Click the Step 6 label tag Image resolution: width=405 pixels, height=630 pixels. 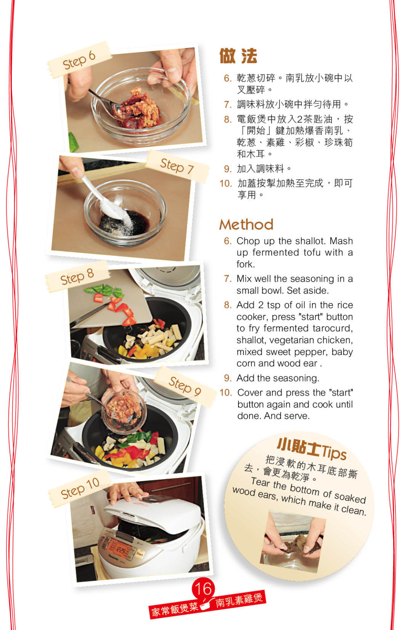(79, 60)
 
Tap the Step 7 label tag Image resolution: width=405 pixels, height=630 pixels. (178, 166)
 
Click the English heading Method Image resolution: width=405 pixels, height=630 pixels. (246, 224)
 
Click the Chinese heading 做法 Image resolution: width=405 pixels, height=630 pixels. (238, 56)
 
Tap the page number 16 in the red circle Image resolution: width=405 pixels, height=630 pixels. (203, 589)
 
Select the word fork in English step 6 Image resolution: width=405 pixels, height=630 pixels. (246, 264)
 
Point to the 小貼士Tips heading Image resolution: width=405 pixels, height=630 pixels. (312, 448)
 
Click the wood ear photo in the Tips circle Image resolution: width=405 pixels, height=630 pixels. (293, 542)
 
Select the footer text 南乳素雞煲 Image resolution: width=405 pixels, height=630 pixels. (239, 600)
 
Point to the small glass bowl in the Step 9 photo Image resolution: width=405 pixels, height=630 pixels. (124, 411)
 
